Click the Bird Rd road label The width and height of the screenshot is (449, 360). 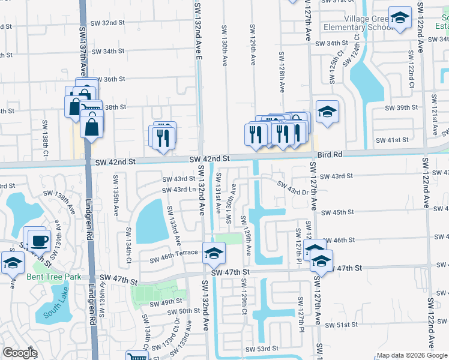coord(330,154)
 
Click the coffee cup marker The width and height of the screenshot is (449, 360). coord(39,240)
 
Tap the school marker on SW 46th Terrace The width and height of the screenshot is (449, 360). coord(214,254)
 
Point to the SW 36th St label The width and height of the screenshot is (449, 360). coord(110,79)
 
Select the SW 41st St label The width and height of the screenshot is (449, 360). coord(391,140)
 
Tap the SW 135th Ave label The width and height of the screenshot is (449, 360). coord(115,190)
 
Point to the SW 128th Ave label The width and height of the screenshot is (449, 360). coord(281,72)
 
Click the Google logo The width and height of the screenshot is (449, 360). coord(20,353)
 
